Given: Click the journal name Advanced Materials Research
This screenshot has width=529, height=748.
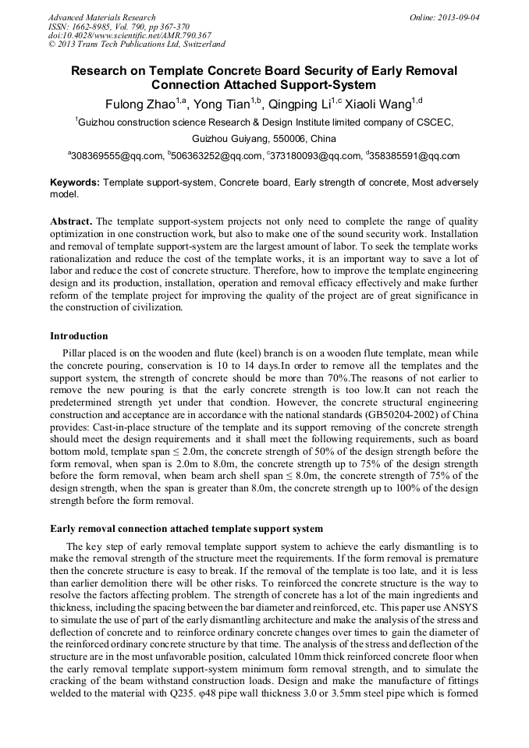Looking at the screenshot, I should coord(101,17).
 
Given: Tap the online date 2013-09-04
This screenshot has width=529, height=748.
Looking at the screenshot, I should coord(460,17).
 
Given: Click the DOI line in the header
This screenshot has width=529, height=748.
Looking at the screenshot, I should coord(130,35).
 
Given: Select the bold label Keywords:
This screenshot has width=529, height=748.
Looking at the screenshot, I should coord(75,182).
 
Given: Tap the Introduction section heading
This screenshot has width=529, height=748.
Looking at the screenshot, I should coord(79,336).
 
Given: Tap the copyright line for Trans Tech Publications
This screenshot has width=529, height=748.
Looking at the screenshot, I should coord(137,44).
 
